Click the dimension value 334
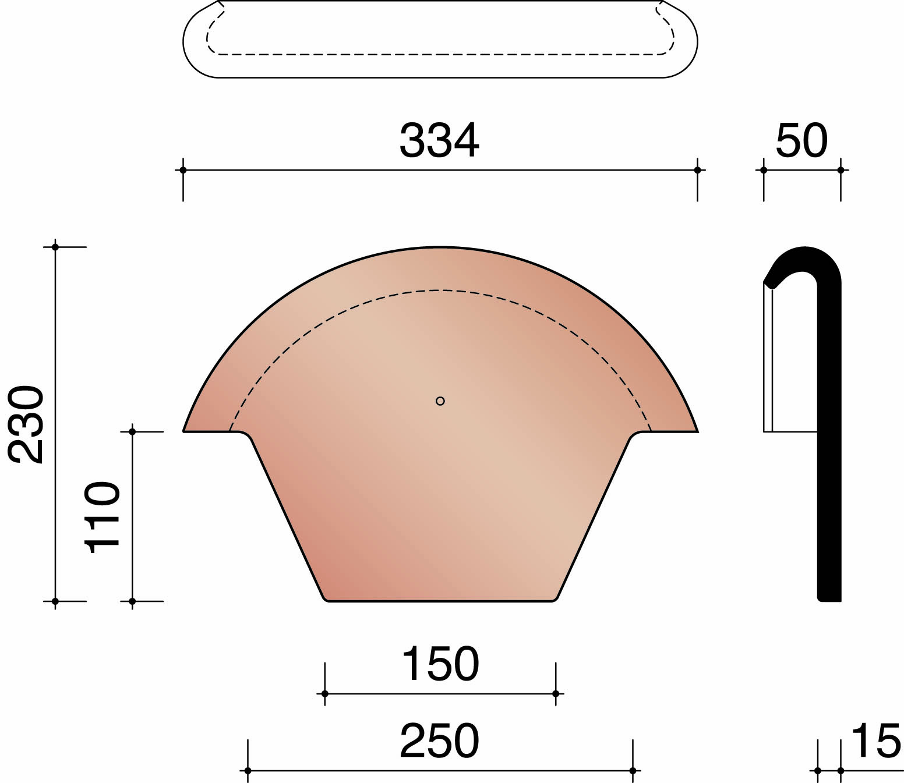[439, 141]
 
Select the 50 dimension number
[801, 141]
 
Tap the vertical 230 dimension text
[27, 424]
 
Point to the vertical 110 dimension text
[103, 517]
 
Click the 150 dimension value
[440, 664]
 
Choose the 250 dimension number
[439, 741]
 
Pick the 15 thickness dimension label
[875, 741]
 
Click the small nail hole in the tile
[440, 401]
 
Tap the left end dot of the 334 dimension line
[183, 170]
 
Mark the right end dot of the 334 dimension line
[697, 170]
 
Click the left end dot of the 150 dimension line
[325, 693]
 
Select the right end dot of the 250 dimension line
[633, 771]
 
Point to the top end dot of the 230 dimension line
[55, 247]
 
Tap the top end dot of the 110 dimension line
[132, 431]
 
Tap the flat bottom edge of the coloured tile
[440, 600]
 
